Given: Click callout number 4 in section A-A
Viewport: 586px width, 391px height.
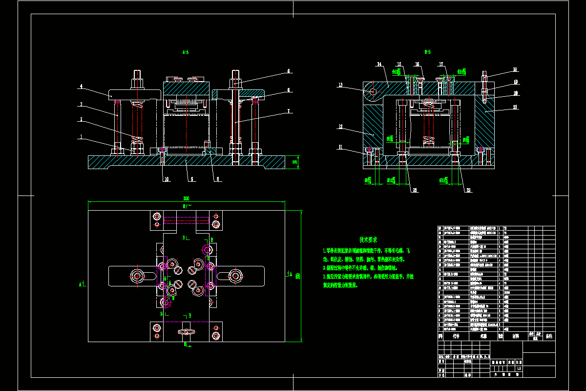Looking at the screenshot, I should click(81, 87).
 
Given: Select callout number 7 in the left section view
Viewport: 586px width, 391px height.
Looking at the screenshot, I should click(289, 111).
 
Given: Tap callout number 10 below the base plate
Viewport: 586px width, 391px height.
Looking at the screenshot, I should click(167, 179).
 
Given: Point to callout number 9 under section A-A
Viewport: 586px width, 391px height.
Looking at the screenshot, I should click(192, 179).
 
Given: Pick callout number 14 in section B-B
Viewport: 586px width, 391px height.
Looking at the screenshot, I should click(379, 64).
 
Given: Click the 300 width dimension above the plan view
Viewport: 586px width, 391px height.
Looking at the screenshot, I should click(186, 198).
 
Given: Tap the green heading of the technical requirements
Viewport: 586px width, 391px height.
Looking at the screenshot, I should click(368, 239).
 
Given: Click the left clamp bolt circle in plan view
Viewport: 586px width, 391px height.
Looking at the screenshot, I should click(137, 277).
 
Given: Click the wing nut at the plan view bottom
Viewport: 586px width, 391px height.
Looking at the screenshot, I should click(186, 333).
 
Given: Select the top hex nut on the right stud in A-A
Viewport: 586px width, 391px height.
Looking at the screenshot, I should click(236, 82).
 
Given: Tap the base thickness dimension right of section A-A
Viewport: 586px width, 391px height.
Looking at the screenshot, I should click(294, 162).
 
